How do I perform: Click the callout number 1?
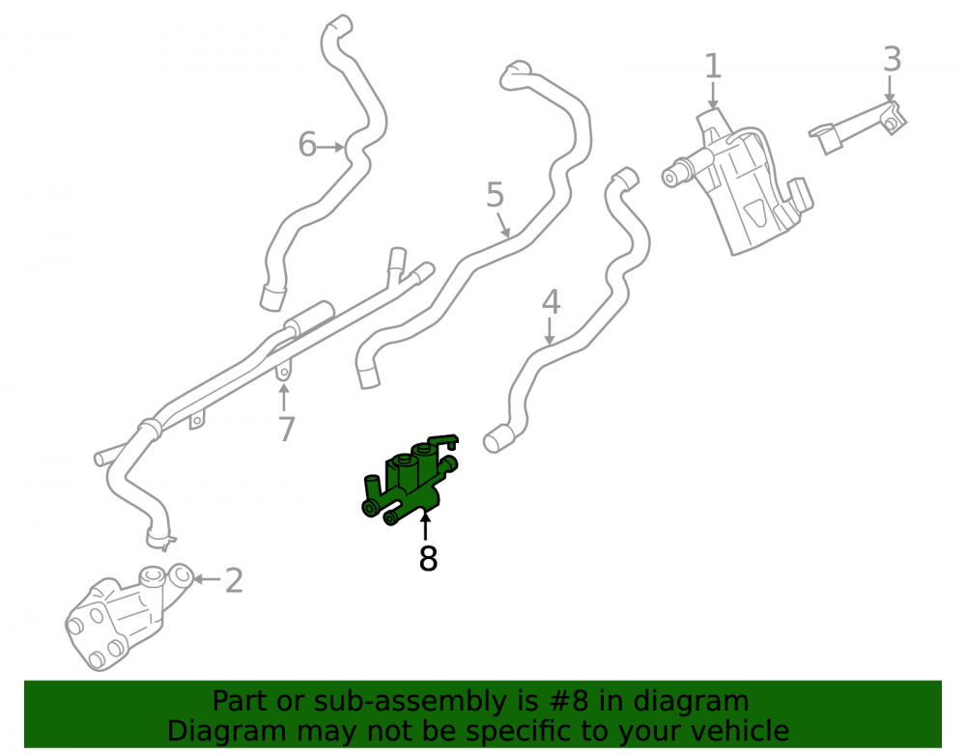point(713,66)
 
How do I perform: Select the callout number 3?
point(892,60)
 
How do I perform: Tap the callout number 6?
point(307,145)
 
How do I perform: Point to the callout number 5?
point(496,195)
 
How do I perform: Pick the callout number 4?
point(551,302)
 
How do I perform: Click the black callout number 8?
point(428,559)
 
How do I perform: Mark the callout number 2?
point(234,580)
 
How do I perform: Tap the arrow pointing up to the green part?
point(424,528)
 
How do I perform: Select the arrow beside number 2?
point(207,579)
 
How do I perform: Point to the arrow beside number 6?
point(331,147)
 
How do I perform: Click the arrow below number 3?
point(890,89)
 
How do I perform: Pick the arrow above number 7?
point(283,397)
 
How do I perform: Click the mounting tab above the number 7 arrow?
point(283,371)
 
